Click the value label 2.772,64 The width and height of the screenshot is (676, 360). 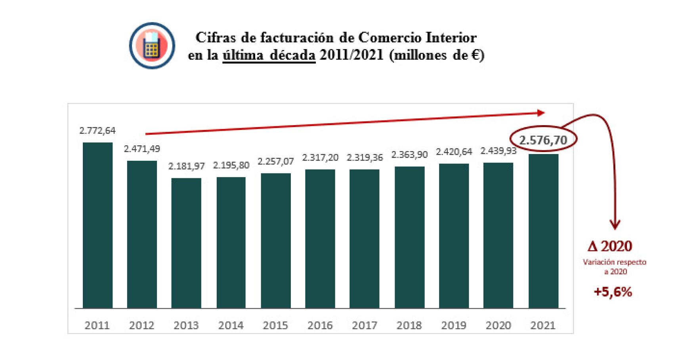[97, 131]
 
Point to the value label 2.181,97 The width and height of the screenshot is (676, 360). [186, 166]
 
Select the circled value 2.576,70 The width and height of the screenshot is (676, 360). [543, 140]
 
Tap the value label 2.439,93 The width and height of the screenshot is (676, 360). [498, 151]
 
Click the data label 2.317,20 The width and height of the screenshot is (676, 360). [320, 158]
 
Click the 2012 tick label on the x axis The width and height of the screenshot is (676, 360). [141, 326]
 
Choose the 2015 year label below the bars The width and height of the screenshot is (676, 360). [275, 326]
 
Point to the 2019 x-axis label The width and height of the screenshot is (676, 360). [454, 326]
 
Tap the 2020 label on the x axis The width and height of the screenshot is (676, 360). [498, 326]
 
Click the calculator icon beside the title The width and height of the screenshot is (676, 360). [152, 46]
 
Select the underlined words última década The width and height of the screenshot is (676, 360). [269, 55]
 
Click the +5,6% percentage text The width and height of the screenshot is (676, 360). [613, 292]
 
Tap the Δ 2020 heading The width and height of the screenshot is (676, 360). [610, 246]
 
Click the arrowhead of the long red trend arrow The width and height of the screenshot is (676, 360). [541, 113]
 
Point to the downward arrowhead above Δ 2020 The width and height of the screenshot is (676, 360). [615, 225]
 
